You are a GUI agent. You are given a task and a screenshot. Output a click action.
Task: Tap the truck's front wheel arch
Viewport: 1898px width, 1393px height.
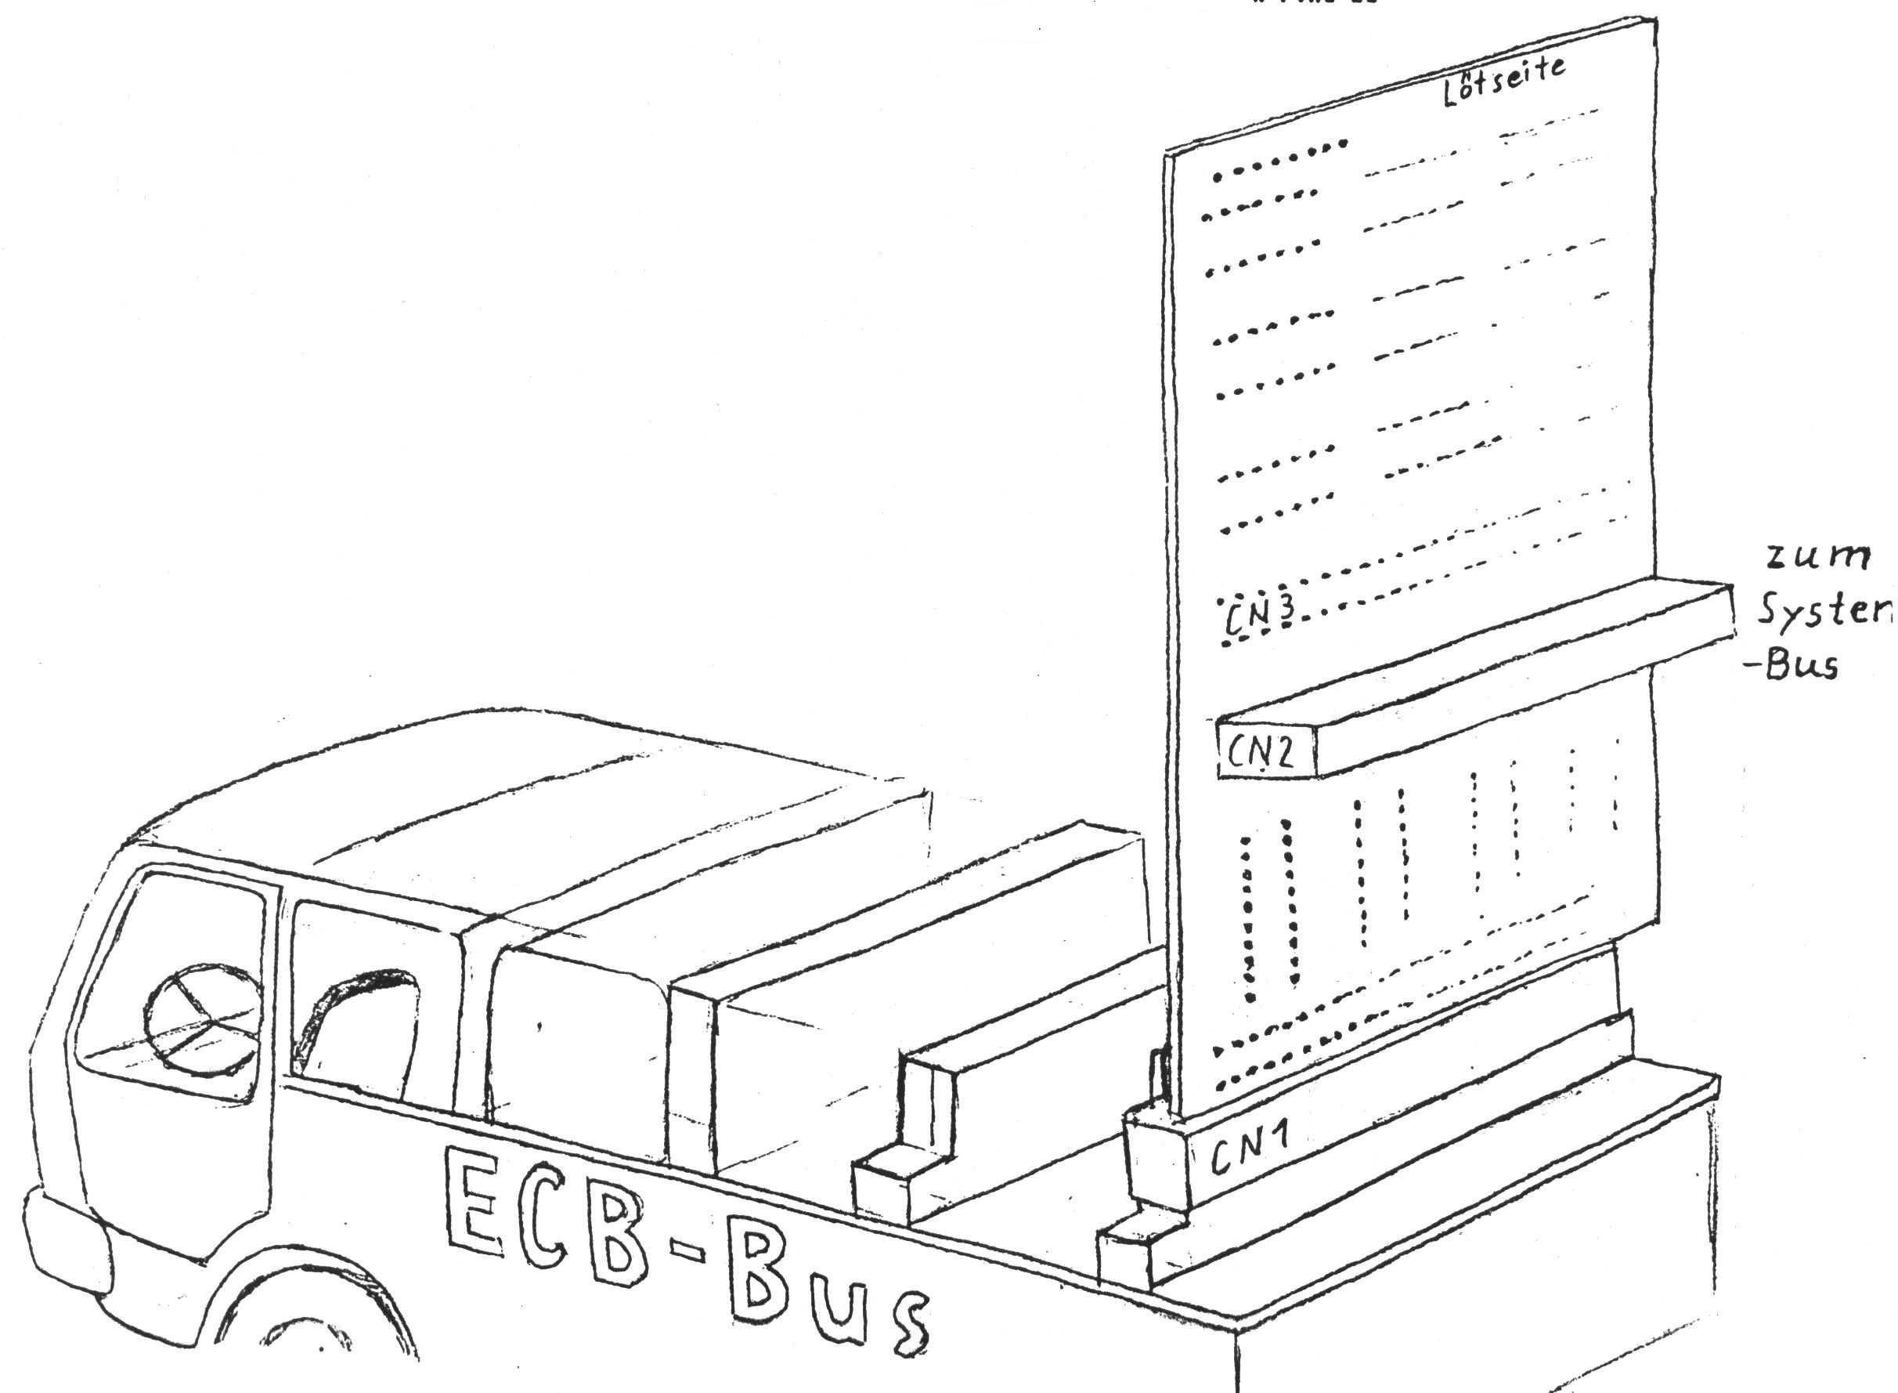(x=312, y=1315)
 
